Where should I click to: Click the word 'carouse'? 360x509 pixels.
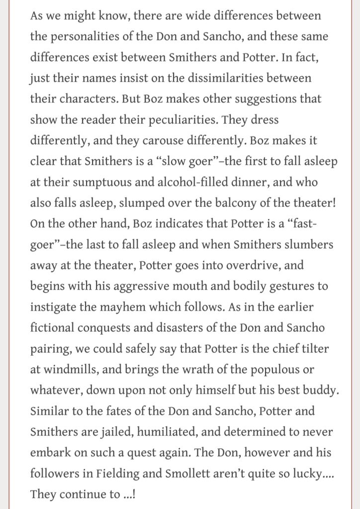(x=186, y=141)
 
